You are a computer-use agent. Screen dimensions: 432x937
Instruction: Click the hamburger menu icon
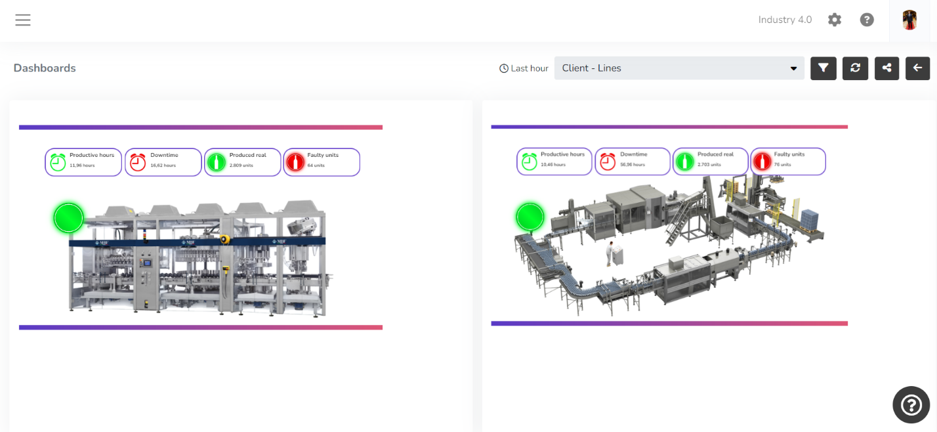(23, 20)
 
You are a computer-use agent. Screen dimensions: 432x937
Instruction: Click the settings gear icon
(835, 20)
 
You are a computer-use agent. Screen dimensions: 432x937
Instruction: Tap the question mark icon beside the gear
(867, 20)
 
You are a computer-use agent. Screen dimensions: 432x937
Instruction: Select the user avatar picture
(909, 20)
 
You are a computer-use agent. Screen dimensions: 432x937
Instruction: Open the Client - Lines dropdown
(679, 68)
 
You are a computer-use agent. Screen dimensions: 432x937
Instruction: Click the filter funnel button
(823, 68)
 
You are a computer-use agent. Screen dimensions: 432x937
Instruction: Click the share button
(886, 68)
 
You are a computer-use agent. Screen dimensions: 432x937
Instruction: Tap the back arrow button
(918, 68)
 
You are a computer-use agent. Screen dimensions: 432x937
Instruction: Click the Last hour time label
(524, 68)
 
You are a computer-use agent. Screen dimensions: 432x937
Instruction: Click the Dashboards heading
(45, 68)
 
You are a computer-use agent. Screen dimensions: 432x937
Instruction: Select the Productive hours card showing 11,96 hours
(83, 162)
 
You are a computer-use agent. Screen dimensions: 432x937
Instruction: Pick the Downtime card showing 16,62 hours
(163, 162)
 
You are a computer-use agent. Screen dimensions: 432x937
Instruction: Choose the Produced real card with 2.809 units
(243, 162)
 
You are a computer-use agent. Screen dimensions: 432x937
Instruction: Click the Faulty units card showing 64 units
(322, 162)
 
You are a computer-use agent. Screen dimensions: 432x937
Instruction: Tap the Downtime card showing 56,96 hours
(633, 162)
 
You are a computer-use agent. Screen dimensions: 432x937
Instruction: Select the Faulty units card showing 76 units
(788, 162)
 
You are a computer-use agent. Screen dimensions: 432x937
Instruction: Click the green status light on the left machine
(69, 218)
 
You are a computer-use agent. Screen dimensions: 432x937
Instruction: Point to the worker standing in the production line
(612, 253)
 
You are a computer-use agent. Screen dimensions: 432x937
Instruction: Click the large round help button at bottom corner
(911, 404)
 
